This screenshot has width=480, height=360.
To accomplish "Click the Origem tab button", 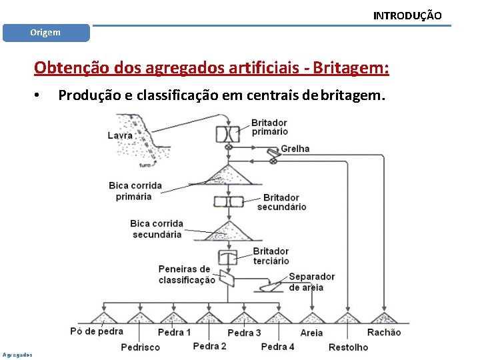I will click(x=45, y=33).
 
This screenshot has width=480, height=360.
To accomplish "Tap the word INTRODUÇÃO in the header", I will click(x=407, y=15).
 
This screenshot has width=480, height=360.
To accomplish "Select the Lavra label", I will click(x=120, y=135).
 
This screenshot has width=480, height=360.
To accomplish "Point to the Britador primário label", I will click(x=269, y=127).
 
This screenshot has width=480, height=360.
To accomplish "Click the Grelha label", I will click(x=295, y=149).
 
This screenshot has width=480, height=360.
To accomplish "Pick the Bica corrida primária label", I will click(x=135, y=191).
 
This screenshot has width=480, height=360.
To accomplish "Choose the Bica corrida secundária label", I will click(x=157, y=229).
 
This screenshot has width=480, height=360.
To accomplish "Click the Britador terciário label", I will click(x=271, y=256).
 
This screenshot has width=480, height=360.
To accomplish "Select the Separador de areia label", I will click(x=311, y=281).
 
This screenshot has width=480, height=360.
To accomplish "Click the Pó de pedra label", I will click(x=97, y=331).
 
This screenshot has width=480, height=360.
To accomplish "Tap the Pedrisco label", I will click(x=140, y=347).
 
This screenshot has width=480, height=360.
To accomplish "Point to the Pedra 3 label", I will click(x=244, y=333).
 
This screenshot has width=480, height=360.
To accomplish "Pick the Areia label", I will click(x=311, y=333).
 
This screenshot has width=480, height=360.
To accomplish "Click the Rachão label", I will click(x=384, y=332).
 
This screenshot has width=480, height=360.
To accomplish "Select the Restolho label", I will click(x=348, y=347).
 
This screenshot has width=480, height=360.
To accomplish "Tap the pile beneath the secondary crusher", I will click(x=228, y=234).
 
